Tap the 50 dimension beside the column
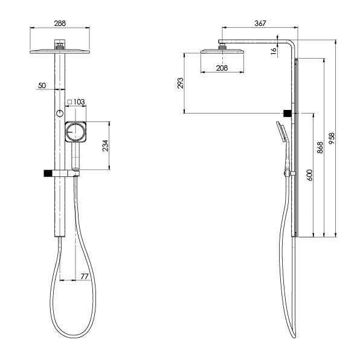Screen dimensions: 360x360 click(x=42, y=86)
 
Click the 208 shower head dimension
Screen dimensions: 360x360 click(x=223, y=68)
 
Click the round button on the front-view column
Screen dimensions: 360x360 click(x=59, y=114)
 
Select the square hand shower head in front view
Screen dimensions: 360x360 click(x=76, y=131)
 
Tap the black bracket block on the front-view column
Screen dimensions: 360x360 click(x=47, y=174)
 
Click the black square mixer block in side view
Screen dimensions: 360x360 click(x=289, y=114)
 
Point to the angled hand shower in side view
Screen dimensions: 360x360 click(x=282, y=133)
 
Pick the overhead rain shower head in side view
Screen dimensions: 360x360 click(x=222, y=53)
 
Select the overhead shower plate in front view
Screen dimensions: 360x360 click(x=59, y=51)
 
